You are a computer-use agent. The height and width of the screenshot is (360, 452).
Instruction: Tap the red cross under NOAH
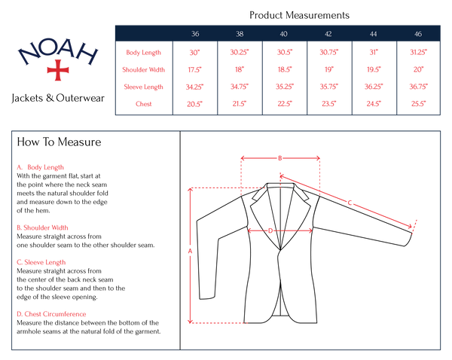click(x=58, y=70)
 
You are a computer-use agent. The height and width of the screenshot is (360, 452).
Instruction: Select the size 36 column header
click(x=195, y=34)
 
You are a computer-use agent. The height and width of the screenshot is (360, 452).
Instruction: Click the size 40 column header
click(x=283, y=34)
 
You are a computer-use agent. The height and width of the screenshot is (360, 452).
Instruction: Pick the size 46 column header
click(x=418, y=34)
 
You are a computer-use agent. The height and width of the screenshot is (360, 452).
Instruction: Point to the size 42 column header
click(x=328, y=34)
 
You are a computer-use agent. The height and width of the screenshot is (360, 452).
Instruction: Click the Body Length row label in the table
click(x=144, y=52)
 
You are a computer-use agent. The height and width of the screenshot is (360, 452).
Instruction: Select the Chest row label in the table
click(x=144, y=104)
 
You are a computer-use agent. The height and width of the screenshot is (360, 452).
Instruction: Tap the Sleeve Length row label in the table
click(x=144, y=87)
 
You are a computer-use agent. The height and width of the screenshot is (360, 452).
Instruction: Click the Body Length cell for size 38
click(x=240, y=52)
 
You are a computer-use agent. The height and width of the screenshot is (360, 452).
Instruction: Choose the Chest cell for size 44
click(x=374, y=104)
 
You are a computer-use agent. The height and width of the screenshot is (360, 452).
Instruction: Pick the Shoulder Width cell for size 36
click(x=195, y=69)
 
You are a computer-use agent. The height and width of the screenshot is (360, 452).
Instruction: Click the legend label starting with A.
click(x=41, y=167)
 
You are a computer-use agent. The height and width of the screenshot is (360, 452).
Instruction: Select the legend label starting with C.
click(x=41, y=262)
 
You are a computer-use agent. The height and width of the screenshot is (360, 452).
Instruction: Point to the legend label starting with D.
click(x=51, y=314)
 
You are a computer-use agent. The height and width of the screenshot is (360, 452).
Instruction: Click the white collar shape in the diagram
click(x=280, y=203)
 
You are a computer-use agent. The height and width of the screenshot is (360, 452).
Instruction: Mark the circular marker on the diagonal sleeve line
click(x=350, y=202)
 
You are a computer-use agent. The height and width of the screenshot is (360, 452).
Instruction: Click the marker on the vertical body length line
click(x=190, y=252)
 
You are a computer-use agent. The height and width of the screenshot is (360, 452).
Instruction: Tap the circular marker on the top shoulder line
click(x=279, y=158)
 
